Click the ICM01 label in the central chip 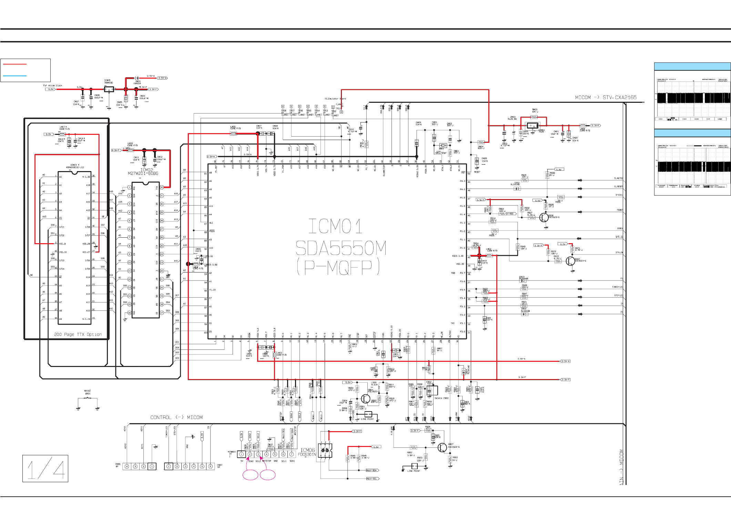[335, 227]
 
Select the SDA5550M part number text [341, 248]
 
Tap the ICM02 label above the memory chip [146, 170]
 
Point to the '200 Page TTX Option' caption [78, 334]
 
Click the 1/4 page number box [45, 468]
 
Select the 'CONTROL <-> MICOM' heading [176, 417]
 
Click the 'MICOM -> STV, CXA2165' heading [606, 98]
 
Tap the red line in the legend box [14, 64]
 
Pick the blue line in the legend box [14, 76]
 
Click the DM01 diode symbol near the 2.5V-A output [137, 78]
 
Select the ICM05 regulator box [109, 89]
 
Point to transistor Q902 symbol [570, 261]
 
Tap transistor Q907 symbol [442, 448]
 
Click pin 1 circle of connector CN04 [241, 454]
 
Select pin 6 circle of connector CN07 [211, 466]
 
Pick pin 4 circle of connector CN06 [127, 466]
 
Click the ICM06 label [307, 450]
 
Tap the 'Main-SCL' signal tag [372, 478]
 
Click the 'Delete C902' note [441, 398]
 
